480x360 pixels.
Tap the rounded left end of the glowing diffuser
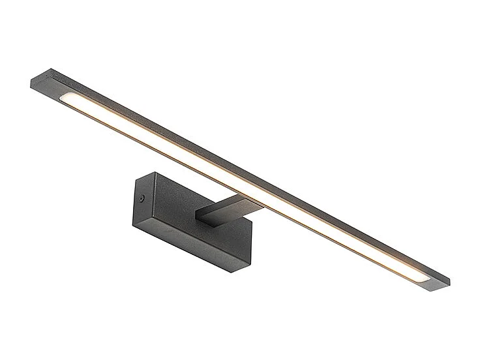point(67,98)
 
